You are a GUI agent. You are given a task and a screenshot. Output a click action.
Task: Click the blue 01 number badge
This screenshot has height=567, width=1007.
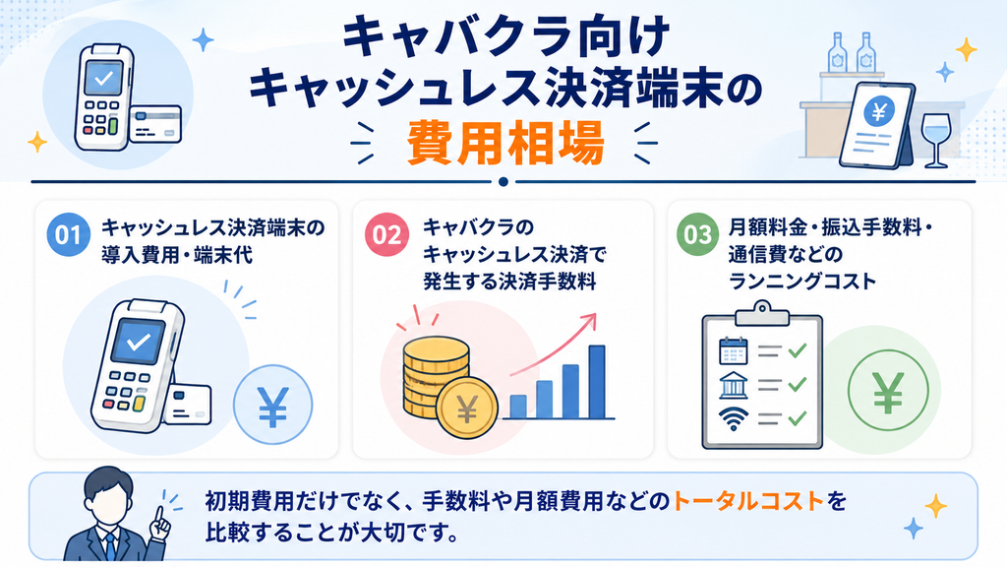coord(68,234)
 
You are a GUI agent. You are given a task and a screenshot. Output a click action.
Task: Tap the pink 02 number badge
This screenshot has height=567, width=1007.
coord(386,234)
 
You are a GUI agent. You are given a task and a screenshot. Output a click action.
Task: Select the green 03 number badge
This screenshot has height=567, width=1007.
coord(697,234)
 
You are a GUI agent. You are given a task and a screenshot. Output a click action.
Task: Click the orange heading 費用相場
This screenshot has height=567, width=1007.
coord(505,144)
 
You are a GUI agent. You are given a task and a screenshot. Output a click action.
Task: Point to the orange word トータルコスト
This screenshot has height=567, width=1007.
coord(748,501)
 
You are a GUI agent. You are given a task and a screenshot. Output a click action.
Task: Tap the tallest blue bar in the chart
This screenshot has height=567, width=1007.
coord(597,382)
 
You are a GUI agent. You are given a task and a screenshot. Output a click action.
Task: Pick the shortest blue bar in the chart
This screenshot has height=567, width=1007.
coord(518,407)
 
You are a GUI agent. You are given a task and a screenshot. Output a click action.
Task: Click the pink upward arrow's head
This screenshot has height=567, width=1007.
coord(589,320)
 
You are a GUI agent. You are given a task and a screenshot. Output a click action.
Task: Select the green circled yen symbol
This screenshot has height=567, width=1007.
coord(888,390)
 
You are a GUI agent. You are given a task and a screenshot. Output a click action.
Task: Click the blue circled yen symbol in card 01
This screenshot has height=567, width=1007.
coord(273,405)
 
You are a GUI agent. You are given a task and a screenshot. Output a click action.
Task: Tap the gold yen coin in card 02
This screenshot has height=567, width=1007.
coord(467,408)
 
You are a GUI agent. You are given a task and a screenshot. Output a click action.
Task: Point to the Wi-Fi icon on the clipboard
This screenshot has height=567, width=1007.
coord(734,417)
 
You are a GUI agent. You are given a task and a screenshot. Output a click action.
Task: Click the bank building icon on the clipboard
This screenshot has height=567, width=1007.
coord(734,385)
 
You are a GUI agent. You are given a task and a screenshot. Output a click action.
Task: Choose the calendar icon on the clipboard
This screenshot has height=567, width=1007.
coord(734,351)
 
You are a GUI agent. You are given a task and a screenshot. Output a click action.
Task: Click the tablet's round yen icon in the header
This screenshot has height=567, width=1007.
coord(879,112)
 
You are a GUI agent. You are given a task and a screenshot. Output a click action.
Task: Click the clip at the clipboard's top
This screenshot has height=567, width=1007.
coord(762,314)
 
